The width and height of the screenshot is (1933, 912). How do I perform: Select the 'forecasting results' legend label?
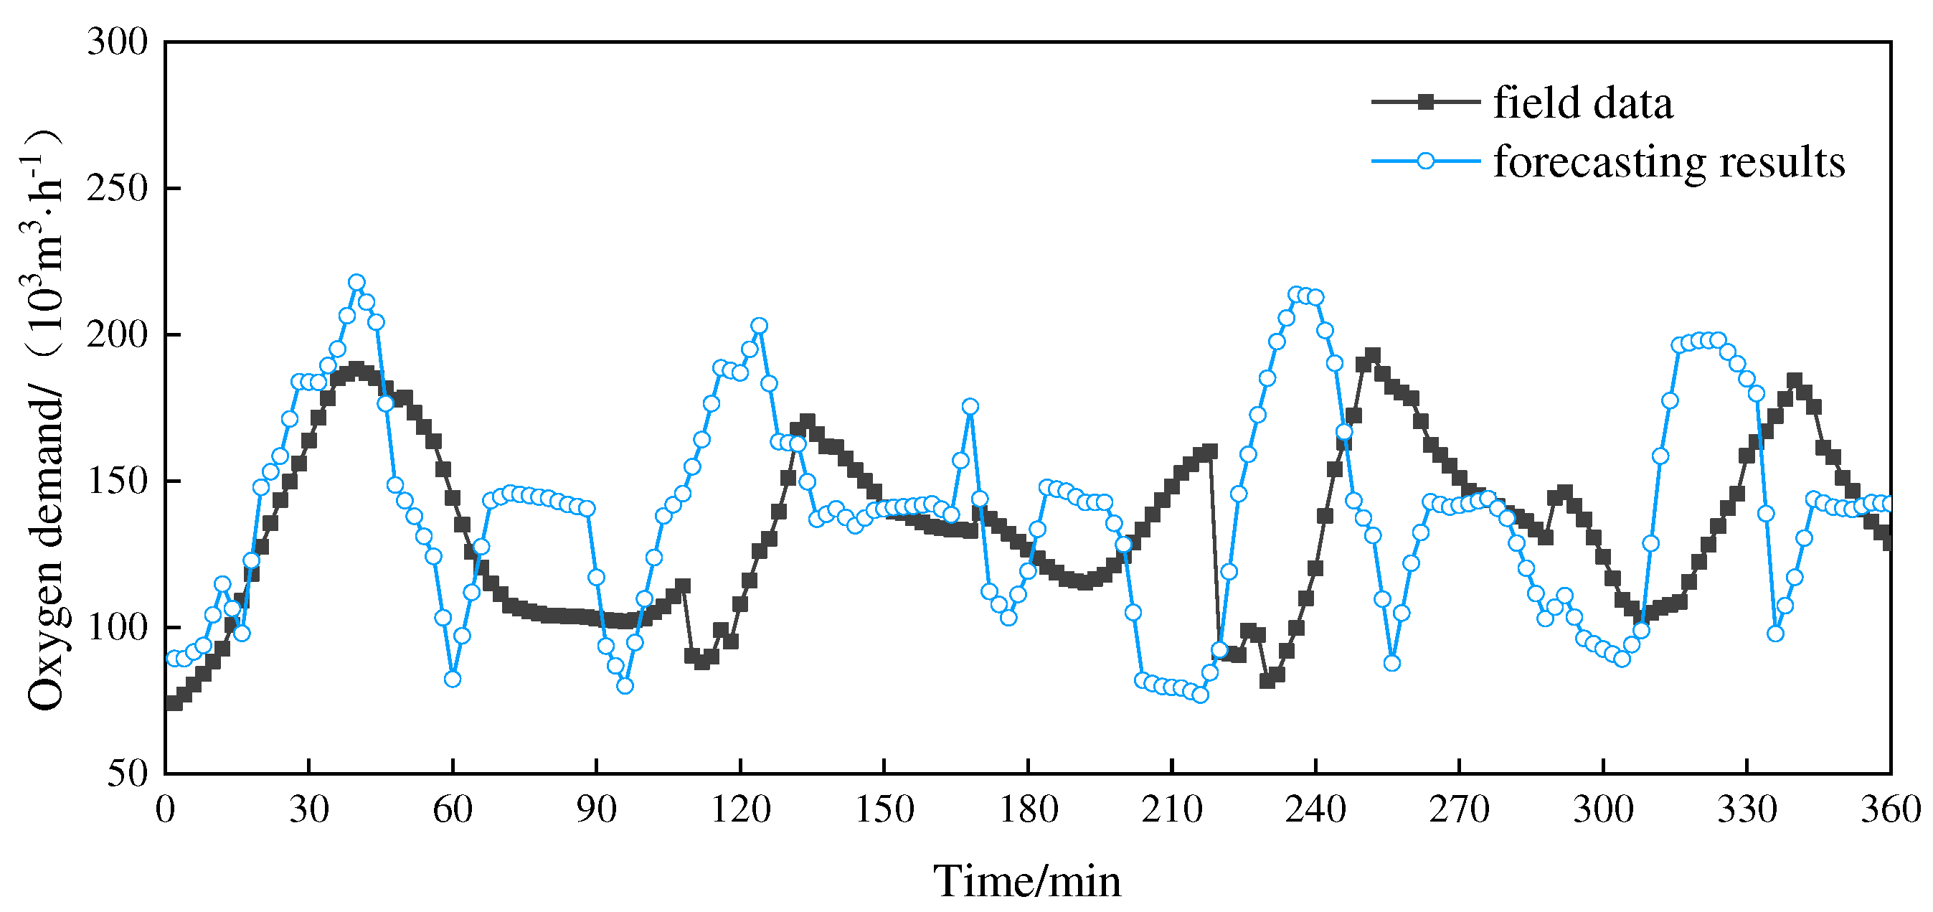(1668, 161)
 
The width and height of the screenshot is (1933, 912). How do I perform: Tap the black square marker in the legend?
(1426, 102)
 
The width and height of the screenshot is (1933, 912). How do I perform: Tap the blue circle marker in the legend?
(1426, 161)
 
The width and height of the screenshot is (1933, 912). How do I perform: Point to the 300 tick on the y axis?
(118, 42)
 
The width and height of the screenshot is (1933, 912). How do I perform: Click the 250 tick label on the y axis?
(118, 188)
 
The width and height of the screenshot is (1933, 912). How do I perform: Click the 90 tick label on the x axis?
(597, 810)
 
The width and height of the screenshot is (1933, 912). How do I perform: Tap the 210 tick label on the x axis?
(1171, 810)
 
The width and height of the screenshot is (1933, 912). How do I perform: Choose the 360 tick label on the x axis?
(1890, 810)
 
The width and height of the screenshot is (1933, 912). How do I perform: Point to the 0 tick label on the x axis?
(166, 810)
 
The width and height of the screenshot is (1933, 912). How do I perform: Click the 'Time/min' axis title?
(1026, 881)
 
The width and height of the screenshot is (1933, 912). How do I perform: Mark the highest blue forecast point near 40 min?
(357, 282)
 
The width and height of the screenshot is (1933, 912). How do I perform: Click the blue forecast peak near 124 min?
(760, 325)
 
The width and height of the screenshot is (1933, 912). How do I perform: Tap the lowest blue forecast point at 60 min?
(453, 679)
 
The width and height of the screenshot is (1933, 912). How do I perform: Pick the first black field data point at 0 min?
(174, 703)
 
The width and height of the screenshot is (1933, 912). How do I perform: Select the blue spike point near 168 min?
(970, 406)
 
